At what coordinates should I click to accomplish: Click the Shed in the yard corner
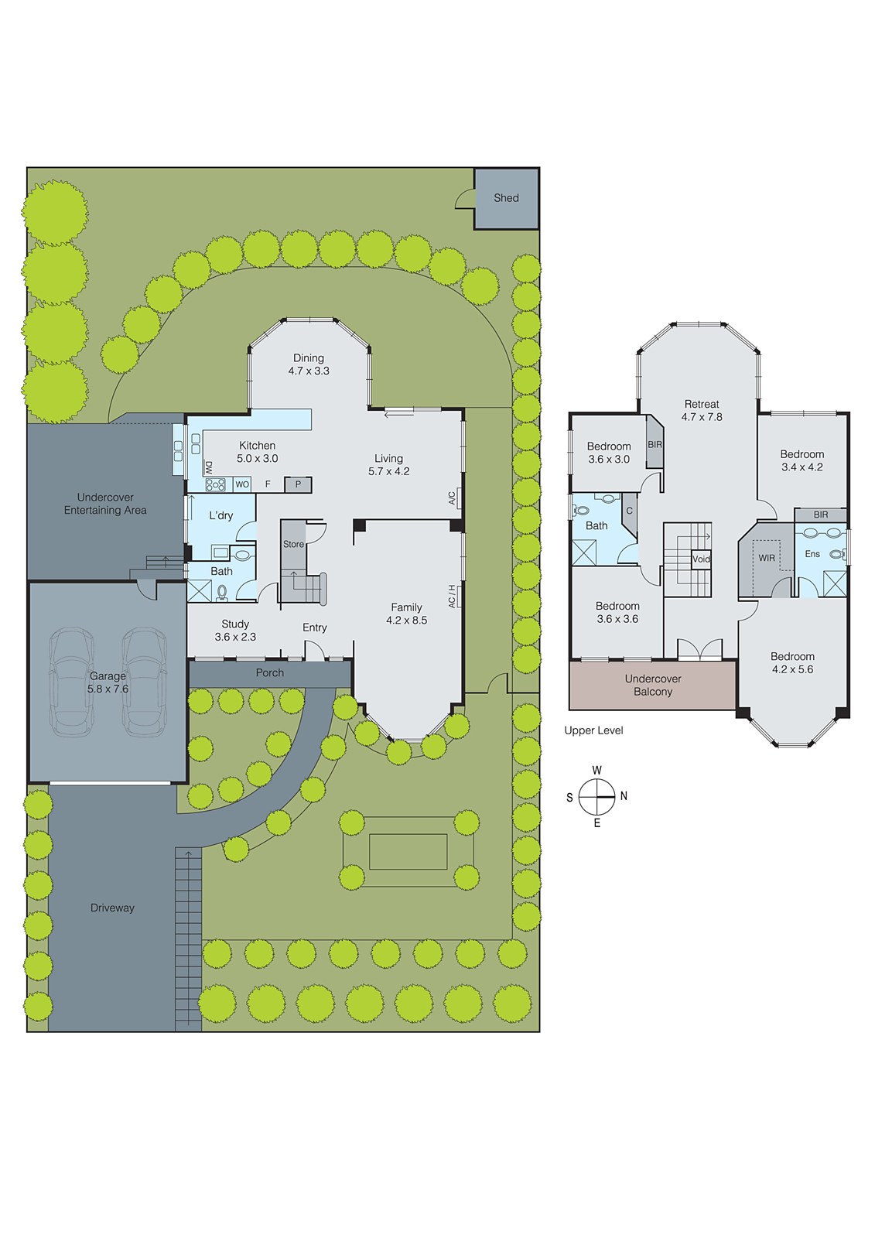(506, 198)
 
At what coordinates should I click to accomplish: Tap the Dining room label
(308, 358)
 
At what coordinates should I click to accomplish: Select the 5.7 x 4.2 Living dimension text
(388, 471)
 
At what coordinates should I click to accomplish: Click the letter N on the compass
(624, 796)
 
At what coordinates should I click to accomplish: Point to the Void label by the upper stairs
(701, 559)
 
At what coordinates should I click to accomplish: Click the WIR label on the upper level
(766, 558)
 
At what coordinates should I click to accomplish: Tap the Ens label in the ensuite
(812, 554)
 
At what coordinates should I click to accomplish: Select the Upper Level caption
(593, 730)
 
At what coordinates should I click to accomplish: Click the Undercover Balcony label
(653, 686)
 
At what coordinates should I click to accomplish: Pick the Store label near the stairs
(293, 544)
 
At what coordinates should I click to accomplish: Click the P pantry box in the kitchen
(298, 484)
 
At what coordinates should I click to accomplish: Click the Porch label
(270, 673)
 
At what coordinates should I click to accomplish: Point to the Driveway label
(112, 908)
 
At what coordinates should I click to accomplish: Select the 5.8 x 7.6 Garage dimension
(108, 689)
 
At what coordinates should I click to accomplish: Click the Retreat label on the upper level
(702, 404)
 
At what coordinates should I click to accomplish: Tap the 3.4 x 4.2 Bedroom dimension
(802, 467)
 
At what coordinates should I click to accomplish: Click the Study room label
(235, 624)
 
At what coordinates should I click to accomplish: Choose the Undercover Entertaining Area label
(105, 504)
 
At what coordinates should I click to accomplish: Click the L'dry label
(220, 515)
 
